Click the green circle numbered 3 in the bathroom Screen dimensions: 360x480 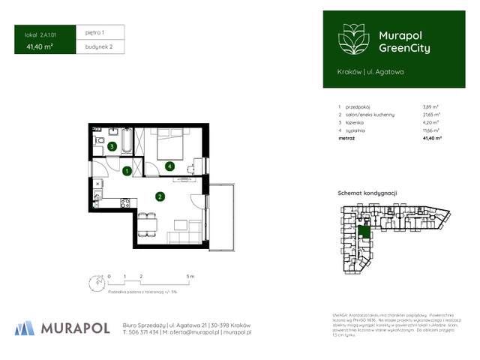(x=111, y=147)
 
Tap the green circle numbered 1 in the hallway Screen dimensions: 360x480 (x=127, y=171)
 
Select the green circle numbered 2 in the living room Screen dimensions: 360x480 (x=160, y=197)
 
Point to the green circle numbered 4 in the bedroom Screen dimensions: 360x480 (x=170, y=166)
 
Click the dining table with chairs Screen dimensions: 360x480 (x=146, y=223)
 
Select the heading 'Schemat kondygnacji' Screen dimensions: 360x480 (x=367, y=193)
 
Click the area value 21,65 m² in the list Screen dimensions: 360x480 (x=431, y=114)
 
